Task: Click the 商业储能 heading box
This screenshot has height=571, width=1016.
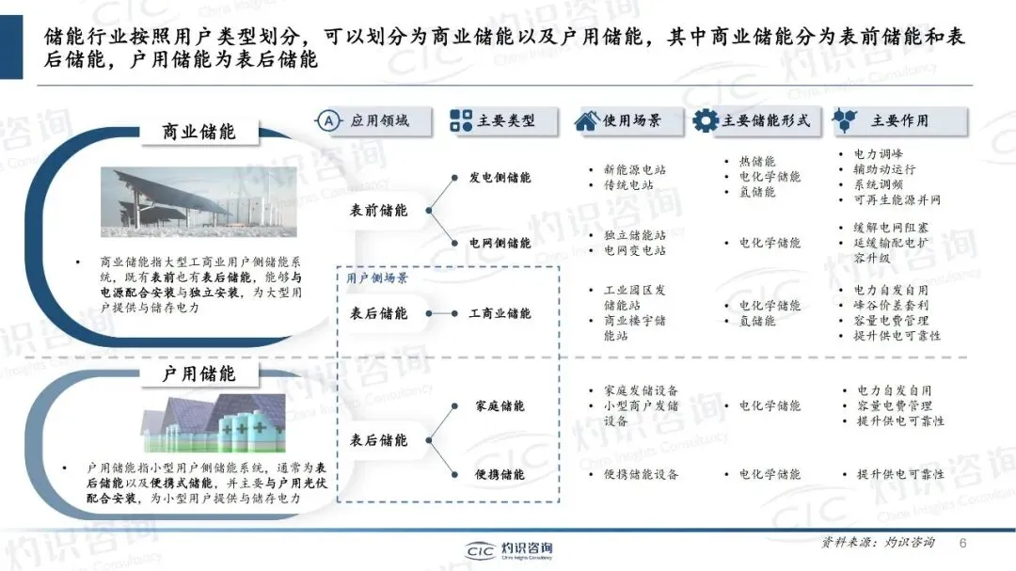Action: click(199, 132)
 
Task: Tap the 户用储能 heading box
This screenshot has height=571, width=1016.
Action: click(199, 373)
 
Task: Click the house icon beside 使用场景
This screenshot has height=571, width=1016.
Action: click(587, 120)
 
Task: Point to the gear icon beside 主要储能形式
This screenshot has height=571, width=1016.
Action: click(706, 120)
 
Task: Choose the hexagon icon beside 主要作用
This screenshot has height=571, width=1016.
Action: click(846, 120)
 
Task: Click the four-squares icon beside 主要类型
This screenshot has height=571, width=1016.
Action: click(461, 120)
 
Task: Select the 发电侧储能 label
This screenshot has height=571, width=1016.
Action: click(500, 177)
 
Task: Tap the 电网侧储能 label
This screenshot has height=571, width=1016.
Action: click(500, 243)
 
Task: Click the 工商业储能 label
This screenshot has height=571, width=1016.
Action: click(500, 313)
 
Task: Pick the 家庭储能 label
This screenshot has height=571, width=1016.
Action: click(500, 405)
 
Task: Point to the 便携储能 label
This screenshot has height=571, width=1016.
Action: click(500, 475)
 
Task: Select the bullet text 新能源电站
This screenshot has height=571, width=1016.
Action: click(634, 170)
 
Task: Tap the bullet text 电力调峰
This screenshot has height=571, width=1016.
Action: click(879, 154)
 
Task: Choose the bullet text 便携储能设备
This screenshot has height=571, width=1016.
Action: click(641, 475)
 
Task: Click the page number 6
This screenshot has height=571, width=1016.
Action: click(962, 543)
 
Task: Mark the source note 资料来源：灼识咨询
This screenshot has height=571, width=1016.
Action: click(878, 543)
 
